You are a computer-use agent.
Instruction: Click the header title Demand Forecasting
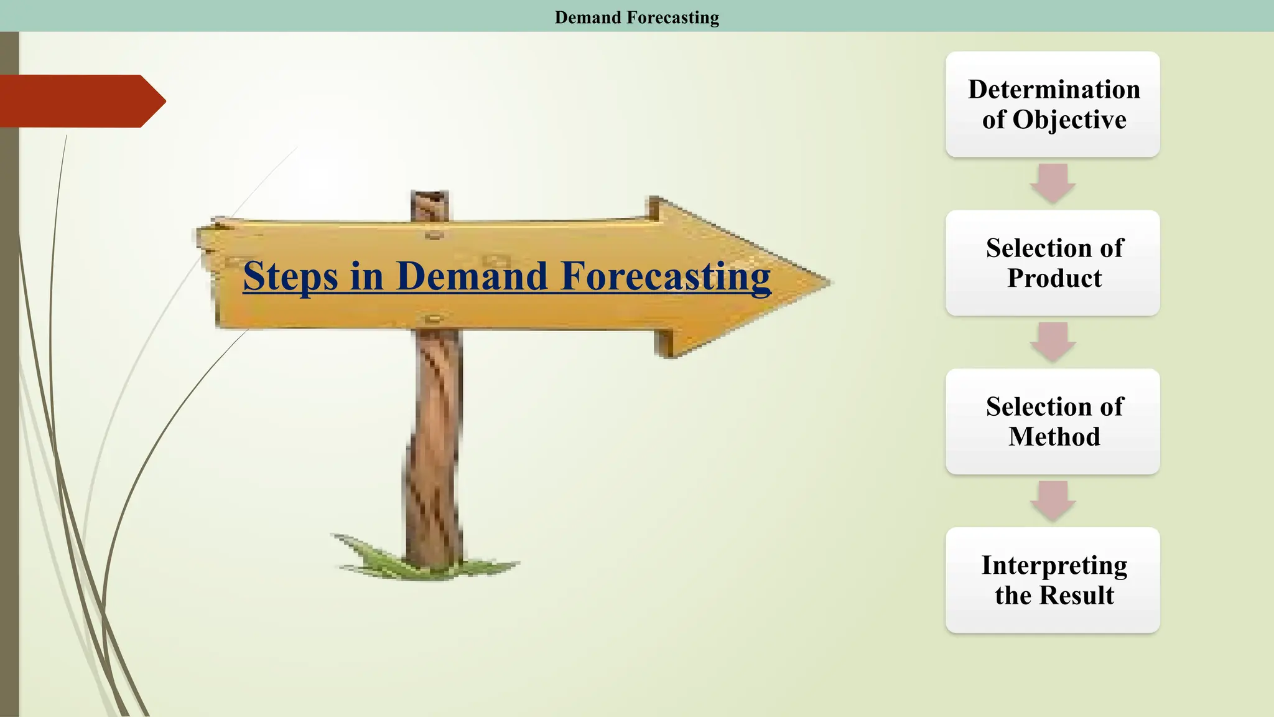pos(636,17)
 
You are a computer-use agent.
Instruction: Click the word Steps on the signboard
pos(290,276)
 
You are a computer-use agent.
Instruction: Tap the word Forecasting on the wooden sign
pos(665,276)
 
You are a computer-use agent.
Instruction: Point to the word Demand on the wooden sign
pos(472,276)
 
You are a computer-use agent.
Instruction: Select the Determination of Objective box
pos(1053,104)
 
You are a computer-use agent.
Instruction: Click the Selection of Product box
pos(1053,263)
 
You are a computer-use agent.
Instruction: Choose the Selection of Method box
pos(1053,421)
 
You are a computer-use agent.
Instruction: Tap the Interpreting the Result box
pos(1053,580)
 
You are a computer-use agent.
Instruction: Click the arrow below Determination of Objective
pos(1053,183)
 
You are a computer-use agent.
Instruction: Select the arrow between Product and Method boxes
pos(1053,342)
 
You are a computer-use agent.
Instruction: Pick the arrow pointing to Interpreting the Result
pos(1053,500)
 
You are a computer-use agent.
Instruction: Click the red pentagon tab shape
pos(81,101)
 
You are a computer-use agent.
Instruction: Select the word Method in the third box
pos(1054,437)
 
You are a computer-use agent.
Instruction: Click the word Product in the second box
pos(1054,278)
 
